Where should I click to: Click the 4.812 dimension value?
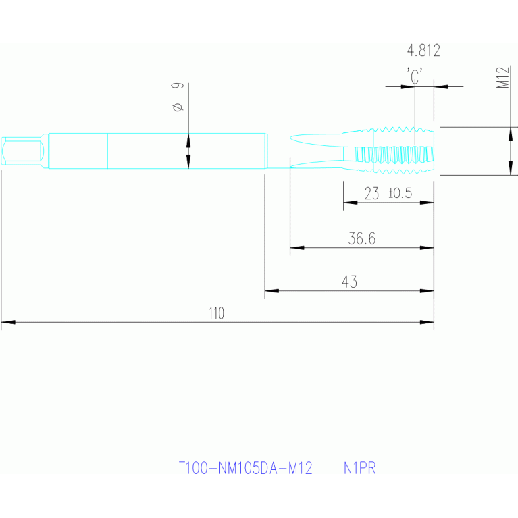point(423,51)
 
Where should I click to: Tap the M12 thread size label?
point(502,78)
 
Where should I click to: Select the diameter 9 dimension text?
point(177,97)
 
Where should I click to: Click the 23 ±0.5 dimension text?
point(388,194)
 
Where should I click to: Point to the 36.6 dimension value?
point(362,238)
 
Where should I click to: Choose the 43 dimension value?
point(349,282)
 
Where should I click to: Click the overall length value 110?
point(216,313)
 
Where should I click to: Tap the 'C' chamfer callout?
point(415,74)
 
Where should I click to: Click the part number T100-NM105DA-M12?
point(246,468)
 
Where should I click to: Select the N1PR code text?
point(359,468)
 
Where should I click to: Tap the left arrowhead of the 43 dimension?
point(271,291)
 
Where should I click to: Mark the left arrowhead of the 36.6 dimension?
point(296,248)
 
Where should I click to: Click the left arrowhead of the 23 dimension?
point(349,202)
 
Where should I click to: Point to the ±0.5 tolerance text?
point(400,194)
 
